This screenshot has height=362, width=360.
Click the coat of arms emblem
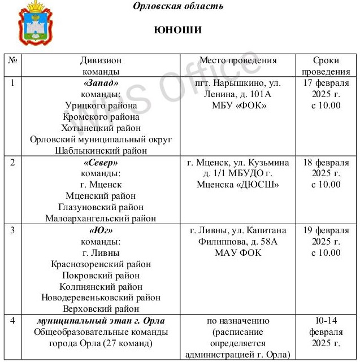36,23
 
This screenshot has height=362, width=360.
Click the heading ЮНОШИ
178,30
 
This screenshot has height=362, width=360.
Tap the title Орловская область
178,6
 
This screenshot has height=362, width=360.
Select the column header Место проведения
238,60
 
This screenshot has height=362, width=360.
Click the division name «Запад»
101,83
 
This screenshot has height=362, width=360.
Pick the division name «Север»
101,162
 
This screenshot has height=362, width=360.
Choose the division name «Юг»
101,230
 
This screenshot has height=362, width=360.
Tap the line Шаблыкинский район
101,151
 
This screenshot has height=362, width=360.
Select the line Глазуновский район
101,207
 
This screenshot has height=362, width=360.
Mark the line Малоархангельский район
101,219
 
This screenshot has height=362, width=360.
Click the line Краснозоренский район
101,264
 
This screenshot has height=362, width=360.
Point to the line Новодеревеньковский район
101,298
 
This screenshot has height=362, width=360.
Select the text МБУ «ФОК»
238,106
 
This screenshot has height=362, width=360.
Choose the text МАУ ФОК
238,252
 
